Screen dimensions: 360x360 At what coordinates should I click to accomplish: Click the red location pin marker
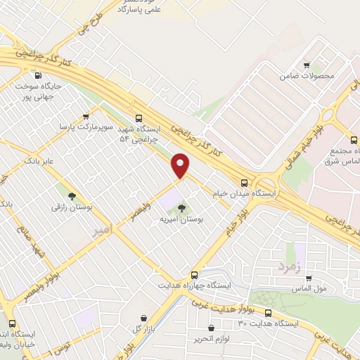click(x=181, y=165)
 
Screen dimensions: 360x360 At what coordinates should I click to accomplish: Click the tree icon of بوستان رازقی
click(x=72, y=195)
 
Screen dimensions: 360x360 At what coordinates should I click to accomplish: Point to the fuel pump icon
click(x=37, y=75)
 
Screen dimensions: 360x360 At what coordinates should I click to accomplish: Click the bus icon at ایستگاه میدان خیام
click(x=244, y=180)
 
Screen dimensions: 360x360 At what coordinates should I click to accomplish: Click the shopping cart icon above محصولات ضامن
click(x=307, y=63)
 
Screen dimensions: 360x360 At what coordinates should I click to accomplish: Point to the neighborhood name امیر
click(x=101, y=229)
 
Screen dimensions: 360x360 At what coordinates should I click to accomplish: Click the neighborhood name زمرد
click(x=288, y=267)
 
